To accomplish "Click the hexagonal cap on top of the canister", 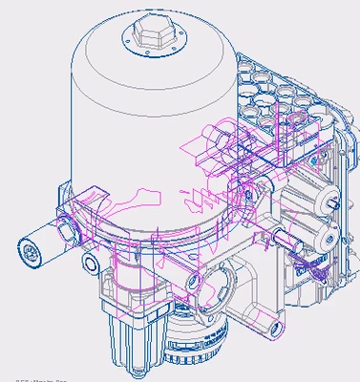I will (x=149, y=35).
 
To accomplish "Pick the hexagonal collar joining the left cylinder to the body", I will (x=65, y=229).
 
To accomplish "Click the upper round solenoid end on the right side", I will (x=330, y=201).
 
